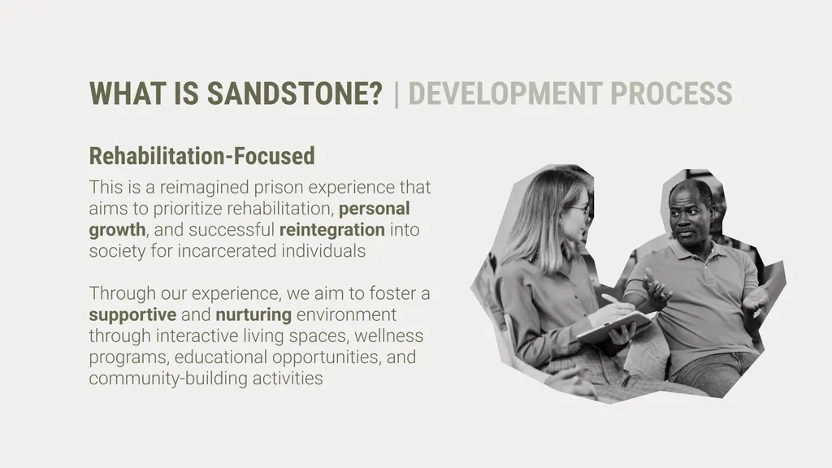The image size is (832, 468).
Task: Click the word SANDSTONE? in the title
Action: coord(294,94)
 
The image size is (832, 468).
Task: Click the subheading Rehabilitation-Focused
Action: coord(201,155)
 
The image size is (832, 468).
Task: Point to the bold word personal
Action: coord(375,208)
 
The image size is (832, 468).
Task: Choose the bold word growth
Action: coord(117,230)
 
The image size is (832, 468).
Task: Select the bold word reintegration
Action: coord(331,230)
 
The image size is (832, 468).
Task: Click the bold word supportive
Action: coord(132,314)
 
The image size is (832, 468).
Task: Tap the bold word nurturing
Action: coord(253,314)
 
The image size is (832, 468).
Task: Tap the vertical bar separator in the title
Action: coord(396,94)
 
